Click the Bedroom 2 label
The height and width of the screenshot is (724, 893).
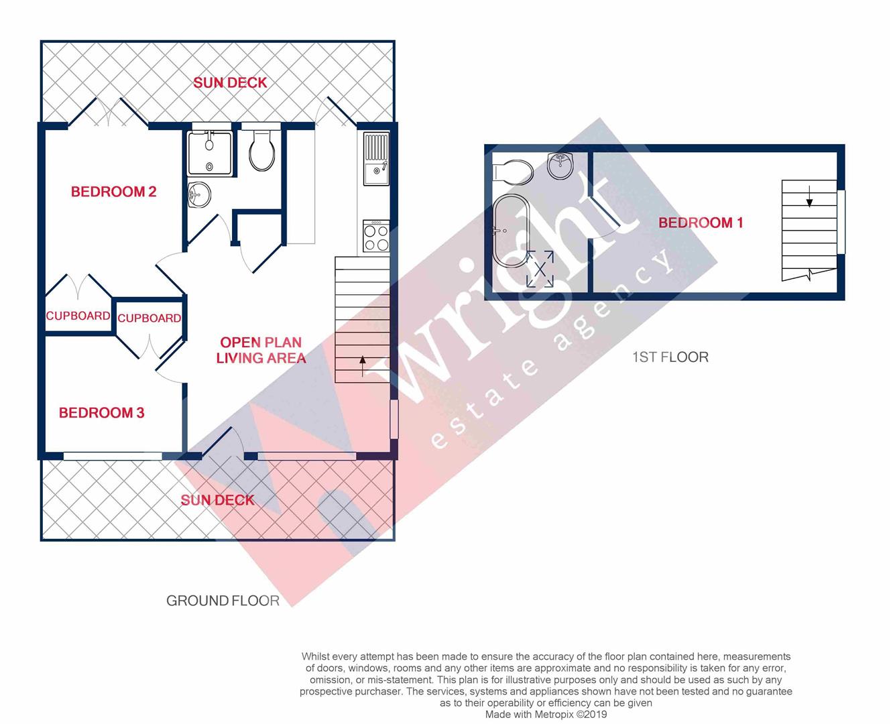coord(113,192)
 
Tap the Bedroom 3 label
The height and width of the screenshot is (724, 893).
coord(101,412)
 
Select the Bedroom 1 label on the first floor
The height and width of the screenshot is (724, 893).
coord(701,223)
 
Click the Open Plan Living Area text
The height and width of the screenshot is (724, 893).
coord(261,350)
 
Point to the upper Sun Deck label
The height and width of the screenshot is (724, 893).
coord(230,82)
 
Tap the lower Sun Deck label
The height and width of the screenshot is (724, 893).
coord(217,499)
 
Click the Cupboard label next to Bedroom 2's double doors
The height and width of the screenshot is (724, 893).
coord(78,316)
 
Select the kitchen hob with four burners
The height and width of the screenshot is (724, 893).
coord(376,236)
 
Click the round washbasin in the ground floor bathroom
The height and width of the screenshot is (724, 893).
coord(198,196)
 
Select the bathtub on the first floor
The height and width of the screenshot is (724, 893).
coord(511,231)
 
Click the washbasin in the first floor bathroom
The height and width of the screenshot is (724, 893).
coord(560,165)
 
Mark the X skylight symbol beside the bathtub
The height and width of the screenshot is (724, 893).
coord(540,269)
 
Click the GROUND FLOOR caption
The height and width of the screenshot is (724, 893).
coord(223,601)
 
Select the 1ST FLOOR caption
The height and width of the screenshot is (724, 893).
coord(670,357)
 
